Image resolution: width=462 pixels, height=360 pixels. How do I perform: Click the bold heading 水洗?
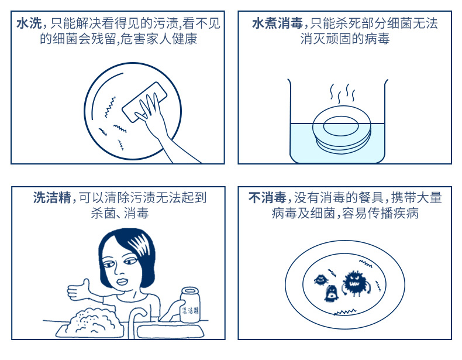[x=29, y=23]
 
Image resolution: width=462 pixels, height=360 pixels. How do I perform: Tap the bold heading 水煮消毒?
[x=277, y=23]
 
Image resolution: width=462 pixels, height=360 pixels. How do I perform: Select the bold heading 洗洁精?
[x=52, y=197]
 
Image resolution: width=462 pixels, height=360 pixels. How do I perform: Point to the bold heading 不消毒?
[x=267, y=197]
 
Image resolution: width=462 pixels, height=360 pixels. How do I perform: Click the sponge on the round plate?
[x=144, y=102]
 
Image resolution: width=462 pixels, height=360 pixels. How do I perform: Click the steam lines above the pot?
[x=342, y=94]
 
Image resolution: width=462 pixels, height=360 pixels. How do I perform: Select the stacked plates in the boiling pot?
[x=342, y=130]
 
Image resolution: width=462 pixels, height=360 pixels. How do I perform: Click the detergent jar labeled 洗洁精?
[x=189, y=304]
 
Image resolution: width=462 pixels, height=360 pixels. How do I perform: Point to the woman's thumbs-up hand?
[x=79, y=290]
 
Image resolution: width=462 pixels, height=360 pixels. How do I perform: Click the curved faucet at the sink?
[x=136, y=321]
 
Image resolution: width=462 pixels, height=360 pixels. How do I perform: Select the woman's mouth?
[x=122, y=281]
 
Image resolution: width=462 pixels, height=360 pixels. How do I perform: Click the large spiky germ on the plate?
[x=356, y=283]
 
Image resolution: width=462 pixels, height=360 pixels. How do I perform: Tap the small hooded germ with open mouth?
[x=331, y=293]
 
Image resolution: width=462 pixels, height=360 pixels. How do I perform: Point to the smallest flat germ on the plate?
[x=321, y=279]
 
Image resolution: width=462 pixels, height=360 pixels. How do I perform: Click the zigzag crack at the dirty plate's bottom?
[x=344, y=312]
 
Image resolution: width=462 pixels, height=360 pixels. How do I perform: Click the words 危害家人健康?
[x=158, y=39]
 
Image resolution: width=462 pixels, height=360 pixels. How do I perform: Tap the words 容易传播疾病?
[x=380, y=213]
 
